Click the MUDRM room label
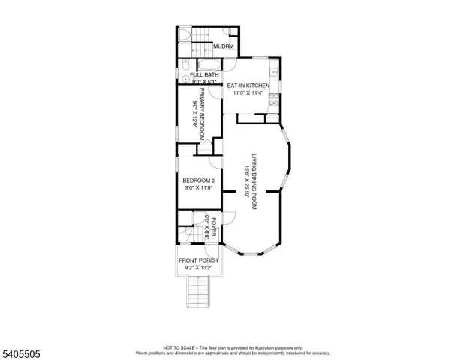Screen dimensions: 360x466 (x=224, y=46)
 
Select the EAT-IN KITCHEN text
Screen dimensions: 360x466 (x=248, y=85)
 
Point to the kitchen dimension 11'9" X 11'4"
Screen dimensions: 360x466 (x=248, y=94)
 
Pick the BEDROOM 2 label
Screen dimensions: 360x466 (x=199, y=181)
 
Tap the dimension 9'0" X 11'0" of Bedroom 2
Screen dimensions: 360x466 (x=199, y=189)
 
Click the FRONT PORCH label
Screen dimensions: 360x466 (x=198, y=260)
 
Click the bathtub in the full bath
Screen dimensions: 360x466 (x=205, y=66)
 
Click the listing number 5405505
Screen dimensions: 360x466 (x=23, y=349)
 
